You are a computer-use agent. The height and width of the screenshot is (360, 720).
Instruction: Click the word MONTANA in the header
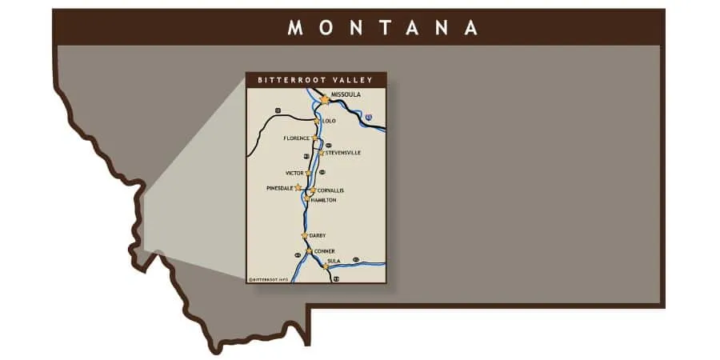(x=382, y=27)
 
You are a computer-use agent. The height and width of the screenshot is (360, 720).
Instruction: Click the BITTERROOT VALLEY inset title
(x=316, y=80)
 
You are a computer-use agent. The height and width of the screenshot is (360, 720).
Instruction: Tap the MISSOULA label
(x=346, y=94)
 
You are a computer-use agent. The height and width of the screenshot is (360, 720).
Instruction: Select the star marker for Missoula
(x=325, y=100)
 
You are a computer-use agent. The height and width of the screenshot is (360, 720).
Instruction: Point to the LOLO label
(x=329, y=121)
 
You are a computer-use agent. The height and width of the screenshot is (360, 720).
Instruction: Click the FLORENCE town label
(x=296, y=138)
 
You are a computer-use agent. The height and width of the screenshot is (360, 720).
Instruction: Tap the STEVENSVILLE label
(x=343, y=152)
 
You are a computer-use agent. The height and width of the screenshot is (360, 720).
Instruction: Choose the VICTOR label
(x=294, y=173)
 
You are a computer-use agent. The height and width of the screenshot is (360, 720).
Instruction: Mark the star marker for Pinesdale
(x=298, y=187)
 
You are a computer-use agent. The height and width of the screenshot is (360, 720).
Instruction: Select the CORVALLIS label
(x=330, y=190)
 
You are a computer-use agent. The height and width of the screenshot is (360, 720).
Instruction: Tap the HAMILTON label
(x=323, y=200)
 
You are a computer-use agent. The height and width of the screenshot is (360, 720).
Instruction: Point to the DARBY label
(x=318, y=235)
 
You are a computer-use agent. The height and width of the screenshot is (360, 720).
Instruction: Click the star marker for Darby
(x=305, y=235)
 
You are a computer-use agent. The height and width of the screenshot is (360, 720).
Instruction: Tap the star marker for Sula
(x=325, y=266)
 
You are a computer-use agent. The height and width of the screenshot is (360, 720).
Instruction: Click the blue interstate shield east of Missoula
(x=368, y=118)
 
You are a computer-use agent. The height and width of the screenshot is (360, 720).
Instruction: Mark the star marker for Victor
(x=308, y=172)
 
